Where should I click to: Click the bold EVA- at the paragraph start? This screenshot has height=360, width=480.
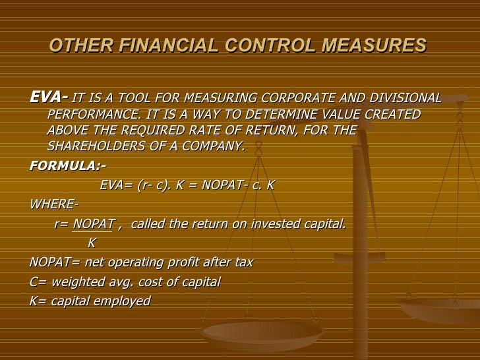tap(49, 98)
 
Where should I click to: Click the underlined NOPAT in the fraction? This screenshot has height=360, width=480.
tap(94, 224)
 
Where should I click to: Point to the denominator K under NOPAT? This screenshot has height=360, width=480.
tap(92, 243)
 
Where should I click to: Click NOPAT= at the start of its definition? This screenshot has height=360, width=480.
tap(55, 262)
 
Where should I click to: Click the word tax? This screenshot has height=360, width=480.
tap(243, 262)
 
